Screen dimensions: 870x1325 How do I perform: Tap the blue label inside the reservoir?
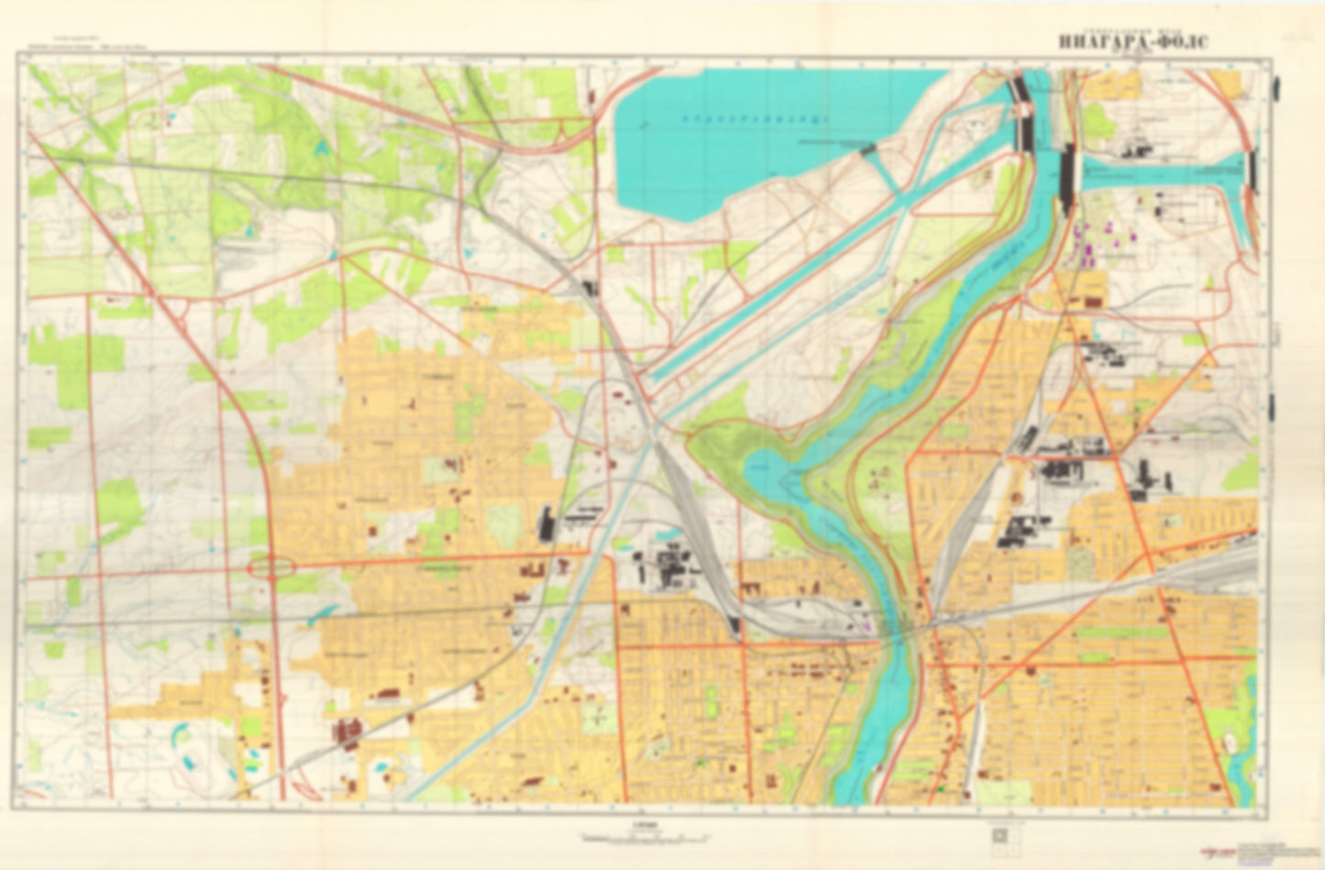[748, 118]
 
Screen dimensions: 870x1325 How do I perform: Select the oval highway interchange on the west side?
[271, 568]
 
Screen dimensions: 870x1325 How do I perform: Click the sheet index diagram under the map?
[999, 835]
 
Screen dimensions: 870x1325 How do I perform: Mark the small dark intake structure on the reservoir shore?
[867, 148]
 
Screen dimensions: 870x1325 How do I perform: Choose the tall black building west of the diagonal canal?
[547, 525]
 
